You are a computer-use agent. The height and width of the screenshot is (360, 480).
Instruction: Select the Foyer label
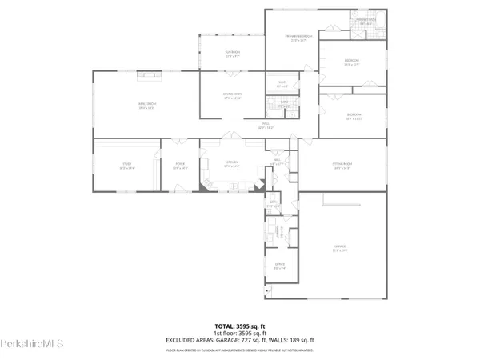180,166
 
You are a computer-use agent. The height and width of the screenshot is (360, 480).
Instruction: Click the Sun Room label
233,54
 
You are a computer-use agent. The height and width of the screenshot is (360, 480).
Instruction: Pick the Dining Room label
233,96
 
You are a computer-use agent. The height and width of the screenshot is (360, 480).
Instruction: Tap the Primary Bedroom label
298,37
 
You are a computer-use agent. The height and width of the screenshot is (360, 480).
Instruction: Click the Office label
278,266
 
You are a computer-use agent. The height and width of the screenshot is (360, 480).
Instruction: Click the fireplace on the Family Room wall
149,75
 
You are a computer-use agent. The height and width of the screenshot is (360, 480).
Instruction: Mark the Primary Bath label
366,22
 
